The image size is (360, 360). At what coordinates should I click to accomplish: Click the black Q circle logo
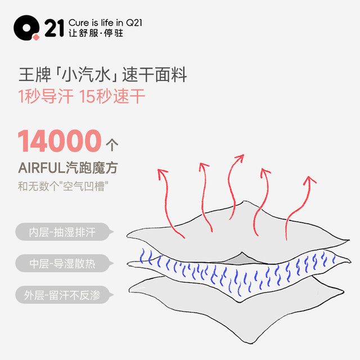[26, 28]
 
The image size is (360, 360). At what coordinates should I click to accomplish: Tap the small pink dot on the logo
[36, 38]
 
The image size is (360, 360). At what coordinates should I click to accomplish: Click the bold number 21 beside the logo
[54, 28]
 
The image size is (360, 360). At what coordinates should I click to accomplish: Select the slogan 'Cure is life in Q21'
[105, 22]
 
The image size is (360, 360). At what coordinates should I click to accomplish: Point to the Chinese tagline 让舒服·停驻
[96, 33]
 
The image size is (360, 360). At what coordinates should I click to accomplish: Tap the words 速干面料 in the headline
[154, 75]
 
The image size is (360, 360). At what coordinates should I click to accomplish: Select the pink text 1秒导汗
[46, 96]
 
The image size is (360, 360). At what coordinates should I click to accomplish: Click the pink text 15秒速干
[112, 96]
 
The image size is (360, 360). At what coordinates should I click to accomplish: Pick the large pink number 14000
[60, 141]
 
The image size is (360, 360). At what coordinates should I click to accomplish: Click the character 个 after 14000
[112, 145]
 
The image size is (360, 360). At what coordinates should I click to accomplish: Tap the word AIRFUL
[42, 168]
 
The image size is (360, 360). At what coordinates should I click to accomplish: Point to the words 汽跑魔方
[92, 168]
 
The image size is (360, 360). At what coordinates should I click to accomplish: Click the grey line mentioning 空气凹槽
[63, 186]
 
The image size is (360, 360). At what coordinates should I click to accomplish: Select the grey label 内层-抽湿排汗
[62, 232]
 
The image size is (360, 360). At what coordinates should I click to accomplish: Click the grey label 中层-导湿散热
[62, 264]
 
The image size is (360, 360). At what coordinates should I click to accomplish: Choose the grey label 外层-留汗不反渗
[62, 295]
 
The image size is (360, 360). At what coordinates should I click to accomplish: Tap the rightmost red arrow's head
[310, 180]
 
